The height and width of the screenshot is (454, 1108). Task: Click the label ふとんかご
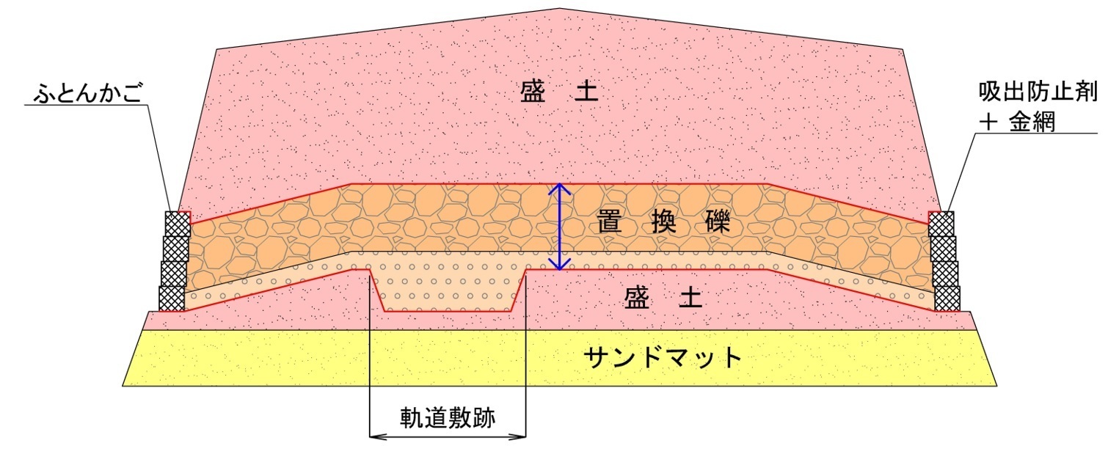tap(88, 92)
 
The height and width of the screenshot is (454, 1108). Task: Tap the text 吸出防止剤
tap(1038, 92)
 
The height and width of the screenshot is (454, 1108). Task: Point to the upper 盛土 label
tap(559, 92)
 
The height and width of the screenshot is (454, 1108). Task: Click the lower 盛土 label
tap(663, 299)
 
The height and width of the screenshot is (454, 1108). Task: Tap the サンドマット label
tap(663, 356)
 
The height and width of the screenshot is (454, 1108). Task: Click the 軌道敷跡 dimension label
tap(448, 418)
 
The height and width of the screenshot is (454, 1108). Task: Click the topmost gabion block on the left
tap(178, 224)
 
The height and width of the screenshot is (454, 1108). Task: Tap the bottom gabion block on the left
tap(172, 299)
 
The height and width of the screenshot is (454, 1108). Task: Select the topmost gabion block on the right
tap(941, 224)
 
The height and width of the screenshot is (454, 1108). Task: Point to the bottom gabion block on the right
tap(947, 299)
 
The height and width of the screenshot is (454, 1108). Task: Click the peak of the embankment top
tap(559, 8)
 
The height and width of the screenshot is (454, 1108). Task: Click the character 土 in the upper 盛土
tap(586, 92)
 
